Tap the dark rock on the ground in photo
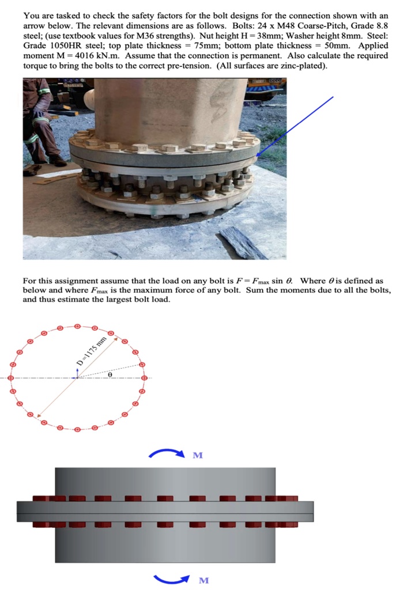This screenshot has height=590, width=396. click(243, 243)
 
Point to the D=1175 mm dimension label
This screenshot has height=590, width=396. click(92, 352)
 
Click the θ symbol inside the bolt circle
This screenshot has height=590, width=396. click(110, 375)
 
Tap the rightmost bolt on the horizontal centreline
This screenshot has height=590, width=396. click(144, 378)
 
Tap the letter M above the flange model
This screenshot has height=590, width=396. click(198, 455)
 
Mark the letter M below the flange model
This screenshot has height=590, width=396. click(203, 580)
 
